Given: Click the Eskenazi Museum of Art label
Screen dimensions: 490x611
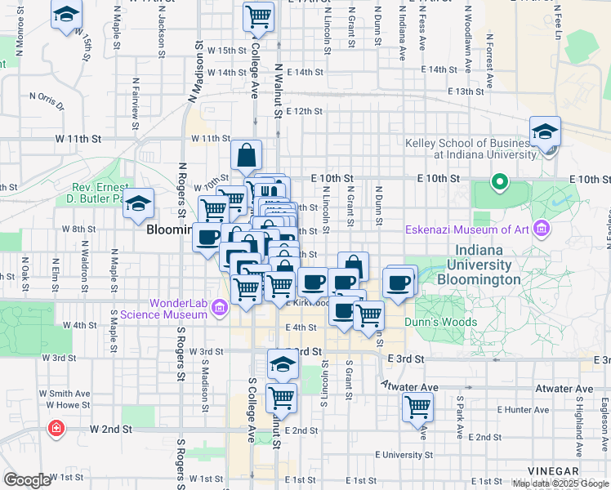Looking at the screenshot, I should point(469,229).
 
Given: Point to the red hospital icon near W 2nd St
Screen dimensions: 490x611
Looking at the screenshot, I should point(56,428).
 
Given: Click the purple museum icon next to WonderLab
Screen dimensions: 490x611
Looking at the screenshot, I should point(219,308).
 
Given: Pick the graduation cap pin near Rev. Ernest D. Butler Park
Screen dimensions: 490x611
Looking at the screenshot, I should point(139,203).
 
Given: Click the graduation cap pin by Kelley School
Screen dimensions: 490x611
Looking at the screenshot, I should point(545,131).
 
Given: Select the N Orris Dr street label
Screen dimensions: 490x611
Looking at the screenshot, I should point(47,99).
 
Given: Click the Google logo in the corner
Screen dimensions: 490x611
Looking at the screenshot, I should point(27,480).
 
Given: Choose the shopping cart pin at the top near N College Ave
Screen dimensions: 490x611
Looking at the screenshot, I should point(258,16).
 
